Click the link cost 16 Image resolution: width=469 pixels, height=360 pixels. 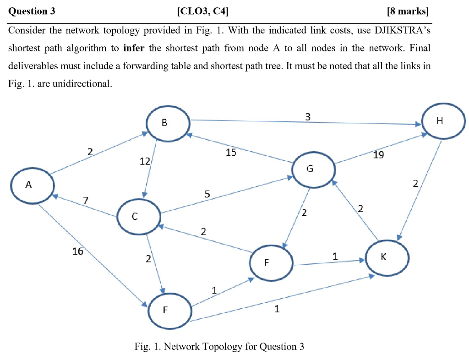pyautogui.click(x=78, y=251)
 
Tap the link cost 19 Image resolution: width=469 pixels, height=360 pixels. pyautogui.click(x=378, y=155)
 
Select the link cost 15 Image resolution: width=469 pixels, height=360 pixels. pyautogui.click(x=231, y=153)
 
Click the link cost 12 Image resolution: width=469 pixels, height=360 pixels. pyautogui.click(x=144, y=161)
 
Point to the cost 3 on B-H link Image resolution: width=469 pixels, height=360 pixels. pyautogui.click(x=308, y=117)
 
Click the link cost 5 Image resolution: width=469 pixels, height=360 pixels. pyautogui.click(x=207, y=194)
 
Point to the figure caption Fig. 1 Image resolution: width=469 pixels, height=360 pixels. pyautogui.click(x=219, y=346)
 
